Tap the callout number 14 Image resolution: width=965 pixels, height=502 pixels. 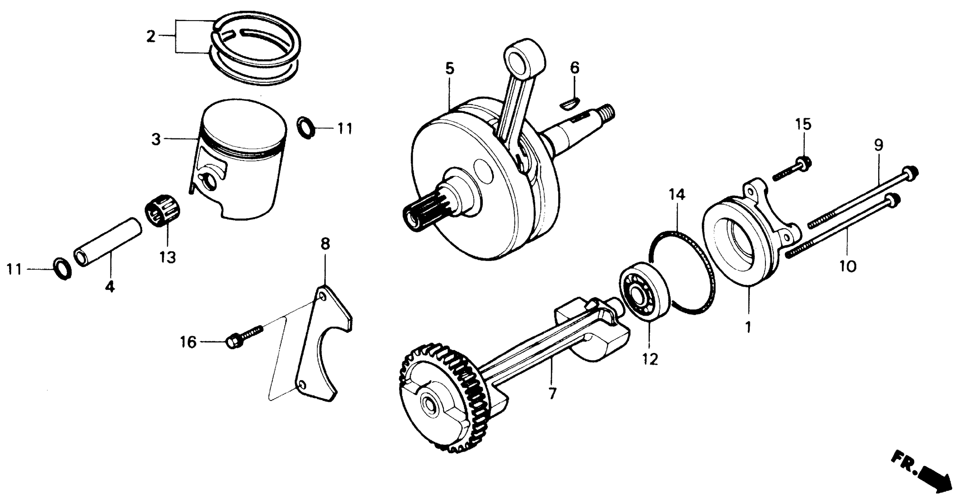pos(677,195)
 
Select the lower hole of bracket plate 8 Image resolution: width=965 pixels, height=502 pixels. pos(303,385)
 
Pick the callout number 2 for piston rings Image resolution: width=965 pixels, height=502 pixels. pos(151,37)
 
